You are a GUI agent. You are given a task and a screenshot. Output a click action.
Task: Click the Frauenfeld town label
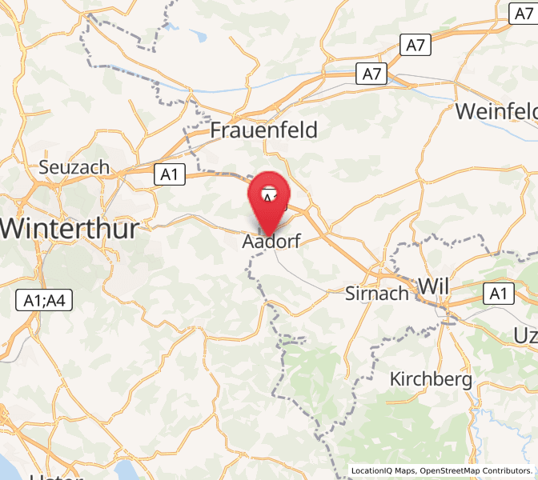(263, 130)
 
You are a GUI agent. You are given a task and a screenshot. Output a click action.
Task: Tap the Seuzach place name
(74, 168)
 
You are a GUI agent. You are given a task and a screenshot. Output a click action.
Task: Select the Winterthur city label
(69, 228)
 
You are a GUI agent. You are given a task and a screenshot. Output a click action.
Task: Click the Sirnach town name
(376, 293)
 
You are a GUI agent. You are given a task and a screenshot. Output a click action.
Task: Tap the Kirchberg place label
(431, 379)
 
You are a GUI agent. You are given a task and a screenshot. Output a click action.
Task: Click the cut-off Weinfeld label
(496, 111)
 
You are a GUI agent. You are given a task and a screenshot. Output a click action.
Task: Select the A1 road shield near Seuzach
(170, 174)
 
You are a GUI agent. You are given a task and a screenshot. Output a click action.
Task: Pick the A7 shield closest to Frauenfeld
(371, 74)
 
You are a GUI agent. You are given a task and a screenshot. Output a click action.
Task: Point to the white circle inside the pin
(271, 194)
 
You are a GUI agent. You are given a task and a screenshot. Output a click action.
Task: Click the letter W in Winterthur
(13, 228)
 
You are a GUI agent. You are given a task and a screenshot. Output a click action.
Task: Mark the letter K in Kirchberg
(395, 379)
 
